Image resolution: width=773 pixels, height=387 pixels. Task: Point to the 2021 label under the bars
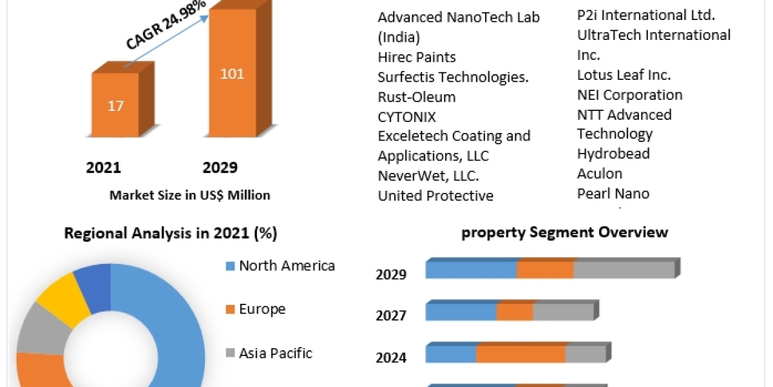tap(104, 168)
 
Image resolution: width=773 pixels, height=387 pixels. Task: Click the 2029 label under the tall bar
tap(220, 168)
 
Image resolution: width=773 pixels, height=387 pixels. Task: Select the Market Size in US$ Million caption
tap(189, 195)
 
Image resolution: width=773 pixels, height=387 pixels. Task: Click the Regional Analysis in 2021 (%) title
tap(171, 233)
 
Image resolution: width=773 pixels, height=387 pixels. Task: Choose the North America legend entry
tap(287, 265)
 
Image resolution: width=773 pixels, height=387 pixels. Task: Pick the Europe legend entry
tap(262, 309)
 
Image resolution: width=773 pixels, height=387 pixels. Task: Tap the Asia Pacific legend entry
tap(276, 353)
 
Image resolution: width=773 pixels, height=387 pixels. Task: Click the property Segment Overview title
tap(565, 232)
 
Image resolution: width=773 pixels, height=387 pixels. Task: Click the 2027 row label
tap(391, 315)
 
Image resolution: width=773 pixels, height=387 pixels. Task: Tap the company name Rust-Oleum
tap(416, 97)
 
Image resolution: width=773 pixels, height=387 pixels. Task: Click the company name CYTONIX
tap(406, 117)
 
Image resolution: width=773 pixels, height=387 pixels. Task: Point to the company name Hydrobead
tap(613, 154)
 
